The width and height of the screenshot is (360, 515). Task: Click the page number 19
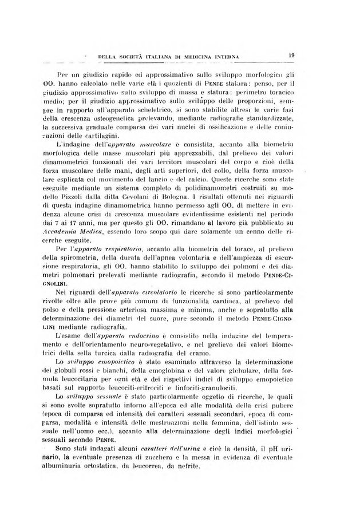pyautogui.click(x=291, y=55)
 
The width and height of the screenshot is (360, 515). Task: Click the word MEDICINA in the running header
pyautogui.click(x=208, y=56)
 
